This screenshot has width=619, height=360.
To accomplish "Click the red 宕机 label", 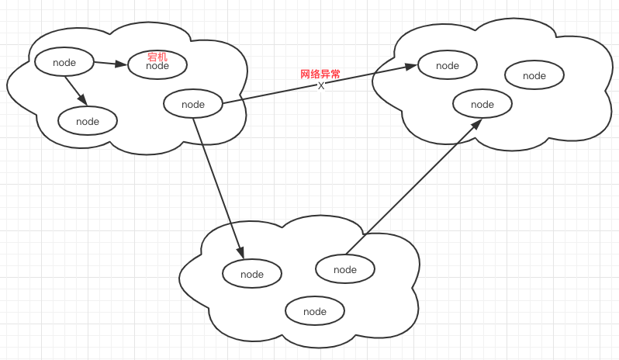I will (157, 57).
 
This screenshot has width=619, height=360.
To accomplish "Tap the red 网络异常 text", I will (320, 74).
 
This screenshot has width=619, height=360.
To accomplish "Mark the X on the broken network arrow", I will (321, 86).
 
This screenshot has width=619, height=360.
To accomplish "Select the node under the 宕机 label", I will (157, 66).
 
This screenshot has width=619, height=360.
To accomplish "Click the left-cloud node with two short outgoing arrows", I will (64, 62).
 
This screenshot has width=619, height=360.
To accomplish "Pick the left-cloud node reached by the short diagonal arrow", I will (88, 121).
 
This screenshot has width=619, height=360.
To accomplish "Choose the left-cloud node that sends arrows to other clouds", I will (193, 105).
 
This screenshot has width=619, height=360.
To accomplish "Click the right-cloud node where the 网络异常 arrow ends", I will (448, 65).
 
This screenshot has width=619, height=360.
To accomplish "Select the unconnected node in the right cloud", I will (534, 75).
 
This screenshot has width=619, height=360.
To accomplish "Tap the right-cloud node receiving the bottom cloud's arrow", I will (482, 104).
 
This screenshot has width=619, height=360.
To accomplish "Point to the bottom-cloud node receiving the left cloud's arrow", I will (252, 274).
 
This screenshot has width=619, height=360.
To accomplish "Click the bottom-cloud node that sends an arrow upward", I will (345, 269).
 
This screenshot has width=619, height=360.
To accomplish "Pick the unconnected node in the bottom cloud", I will (315, 311).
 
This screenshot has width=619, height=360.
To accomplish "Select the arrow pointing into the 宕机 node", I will (109, 64).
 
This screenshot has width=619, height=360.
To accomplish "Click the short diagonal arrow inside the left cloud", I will (76, 89).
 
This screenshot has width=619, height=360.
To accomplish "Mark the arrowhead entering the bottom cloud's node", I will (241, 253).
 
